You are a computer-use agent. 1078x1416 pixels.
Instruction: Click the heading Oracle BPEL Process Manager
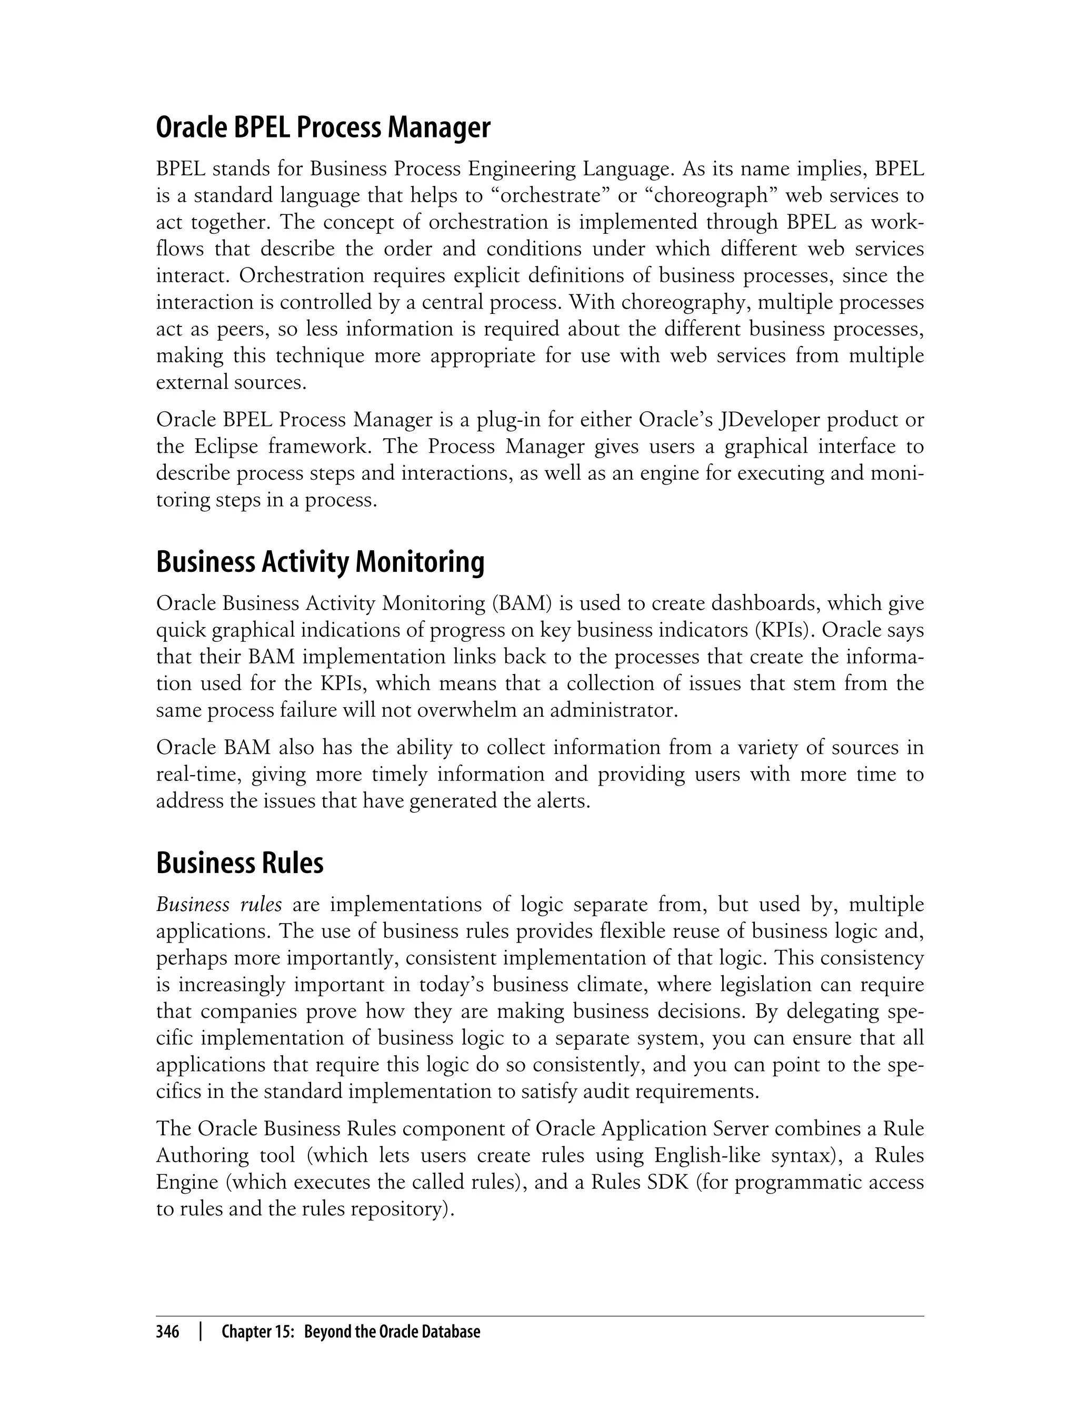click(323, 128)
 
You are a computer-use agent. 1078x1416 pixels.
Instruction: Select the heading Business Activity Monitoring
click(320, 562)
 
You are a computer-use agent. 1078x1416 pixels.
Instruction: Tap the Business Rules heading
click(240, 863)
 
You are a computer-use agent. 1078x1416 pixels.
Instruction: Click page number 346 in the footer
click(167, 1332)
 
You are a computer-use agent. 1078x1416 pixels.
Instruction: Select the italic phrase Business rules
click(219, 904)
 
